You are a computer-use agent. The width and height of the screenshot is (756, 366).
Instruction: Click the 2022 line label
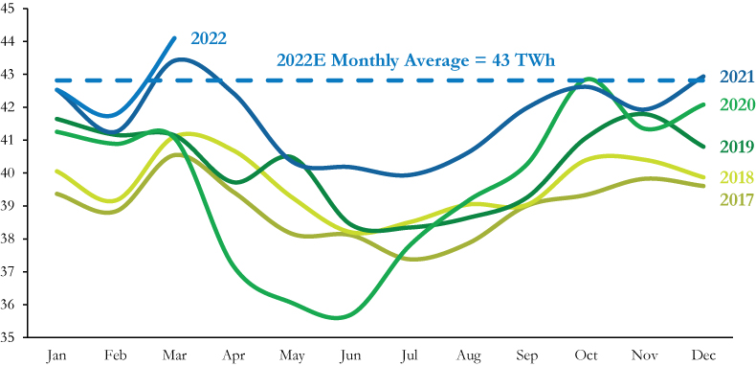point(209,38)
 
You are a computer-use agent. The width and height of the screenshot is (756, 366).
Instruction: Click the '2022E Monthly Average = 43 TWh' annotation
point(416,59)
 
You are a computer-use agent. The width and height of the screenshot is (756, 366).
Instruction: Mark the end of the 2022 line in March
point(174,38)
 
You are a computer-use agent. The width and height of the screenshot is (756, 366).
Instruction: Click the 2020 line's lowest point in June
point(343,317)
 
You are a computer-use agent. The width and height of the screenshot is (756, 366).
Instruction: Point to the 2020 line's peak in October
point(588,80)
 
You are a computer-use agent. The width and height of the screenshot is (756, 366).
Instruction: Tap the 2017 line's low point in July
point(419,260)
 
